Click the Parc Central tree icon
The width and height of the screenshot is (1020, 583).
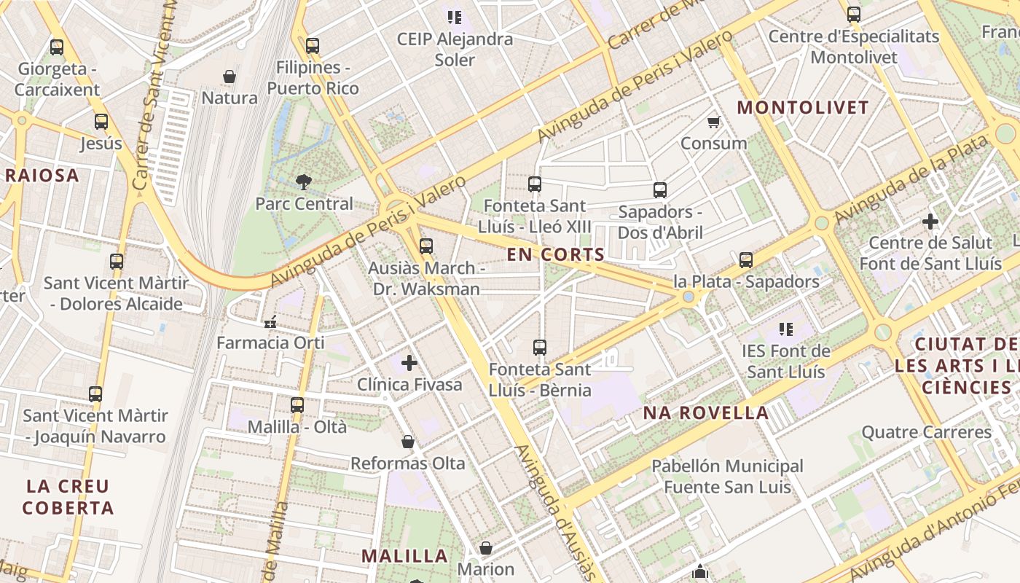(303, 181)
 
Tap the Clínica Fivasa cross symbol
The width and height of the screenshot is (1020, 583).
(409, 362)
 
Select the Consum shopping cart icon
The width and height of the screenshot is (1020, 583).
(713, 122)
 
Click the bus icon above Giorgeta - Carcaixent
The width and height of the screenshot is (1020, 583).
(57, 47)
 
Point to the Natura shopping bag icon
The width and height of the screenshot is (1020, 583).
(229, 77)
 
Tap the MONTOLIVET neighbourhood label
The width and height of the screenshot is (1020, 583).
(803, 108)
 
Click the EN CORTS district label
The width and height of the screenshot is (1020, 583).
(556, 254)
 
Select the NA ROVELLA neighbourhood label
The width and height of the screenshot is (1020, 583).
(705, 413)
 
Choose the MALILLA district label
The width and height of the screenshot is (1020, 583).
(404, 556)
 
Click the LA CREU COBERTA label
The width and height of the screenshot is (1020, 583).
(68, 497)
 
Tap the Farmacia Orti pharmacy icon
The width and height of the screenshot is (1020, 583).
(270, 321)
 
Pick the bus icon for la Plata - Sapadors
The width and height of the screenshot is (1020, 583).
(745, 260)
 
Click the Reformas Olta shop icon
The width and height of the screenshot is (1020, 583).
(408, 442)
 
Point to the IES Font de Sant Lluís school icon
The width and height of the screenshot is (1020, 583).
(785, 329)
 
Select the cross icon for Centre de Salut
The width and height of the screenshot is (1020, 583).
(930, 221)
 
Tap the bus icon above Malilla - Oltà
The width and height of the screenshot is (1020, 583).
(297, 405)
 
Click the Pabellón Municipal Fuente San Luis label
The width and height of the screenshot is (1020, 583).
(727, 476)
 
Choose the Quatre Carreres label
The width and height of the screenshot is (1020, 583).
(926, 432)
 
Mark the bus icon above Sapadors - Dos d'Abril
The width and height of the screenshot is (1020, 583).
(660, 190)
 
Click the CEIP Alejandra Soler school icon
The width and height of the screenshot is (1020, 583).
(455, 17)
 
